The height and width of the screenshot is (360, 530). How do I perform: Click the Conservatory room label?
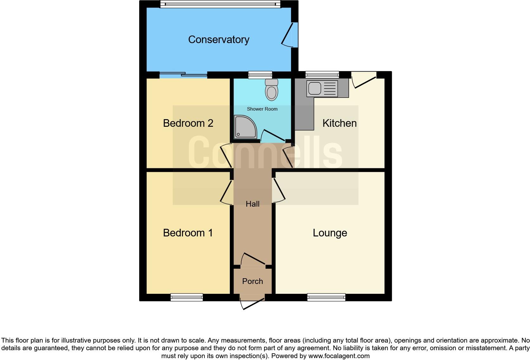pyautogui.click(x=219, y=40)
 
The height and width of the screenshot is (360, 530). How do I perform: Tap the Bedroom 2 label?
pyautogui.click(x=188, y=123)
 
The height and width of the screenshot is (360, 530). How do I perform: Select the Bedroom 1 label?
pyautogui.click(x=188, y=233)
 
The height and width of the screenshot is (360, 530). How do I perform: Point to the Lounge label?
pyautogui.click(x=330, y=233)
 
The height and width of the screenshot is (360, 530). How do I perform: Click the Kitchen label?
pyautogui.click(x=339, y=123)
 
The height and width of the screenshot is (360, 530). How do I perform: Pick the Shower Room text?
pyautogui.click(x=262, y=109)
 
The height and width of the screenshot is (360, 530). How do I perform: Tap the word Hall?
pyautogui.click(x=253, y=204)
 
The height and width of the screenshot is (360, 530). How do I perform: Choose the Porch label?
pyautogui.click(x=253, y=281)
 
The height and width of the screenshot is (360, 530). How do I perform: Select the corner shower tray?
pyautogui.click(x=245, y=127)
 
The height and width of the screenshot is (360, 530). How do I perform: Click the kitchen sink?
pyautogui.click(x=322, y=88)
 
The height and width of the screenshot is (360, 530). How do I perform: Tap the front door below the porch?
pyautogui.click(x=252, y=303)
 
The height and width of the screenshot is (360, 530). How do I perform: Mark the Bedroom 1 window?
pyautogui.click(x=186, y=297)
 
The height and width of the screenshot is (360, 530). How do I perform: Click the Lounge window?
pyautogui.click(x=326, y=297)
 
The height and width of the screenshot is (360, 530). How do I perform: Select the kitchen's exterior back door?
pyautogui.click(x=364, y=79)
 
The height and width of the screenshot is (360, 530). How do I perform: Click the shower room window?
pyautogui.click(x=260, y=75)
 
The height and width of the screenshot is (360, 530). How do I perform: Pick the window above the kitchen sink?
pyautogui.click(x=322, y=75)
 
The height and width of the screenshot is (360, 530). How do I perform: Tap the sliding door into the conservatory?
pyautogui.click(x=183, y=75)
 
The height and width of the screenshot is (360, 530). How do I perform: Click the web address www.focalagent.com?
pyautogui.click(x=339, y=356)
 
